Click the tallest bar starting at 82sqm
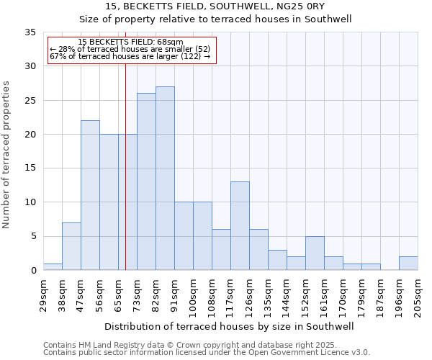[x=165, y=179]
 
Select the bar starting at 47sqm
[x=90, y=195]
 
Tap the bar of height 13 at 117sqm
[x=240, y=226]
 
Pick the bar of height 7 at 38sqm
[x=71, y=246]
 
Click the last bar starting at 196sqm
[x=408, y=264]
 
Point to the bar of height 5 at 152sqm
[x=315, y=253]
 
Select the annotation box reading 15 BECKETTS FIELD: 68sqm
[x=130, y=50]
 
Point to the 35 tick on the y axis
[x=30, y=32]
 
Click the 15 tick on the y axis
[x=30, y=168]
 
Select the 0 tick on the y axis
[x=33, y=271]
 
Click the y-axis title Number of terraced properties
[x=7, y=154]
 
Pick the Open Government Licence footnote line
[x=207, y=352]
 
